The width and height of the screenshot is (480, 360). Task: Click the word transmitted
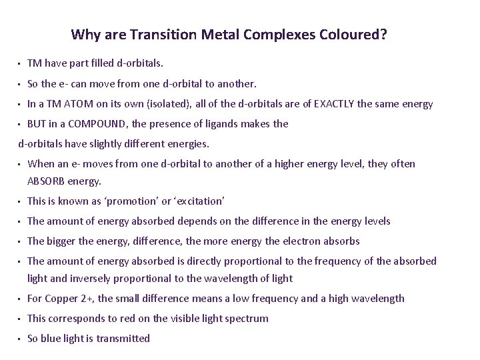123,339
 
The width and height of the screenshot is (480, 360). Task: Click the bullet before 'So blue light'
20,339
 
